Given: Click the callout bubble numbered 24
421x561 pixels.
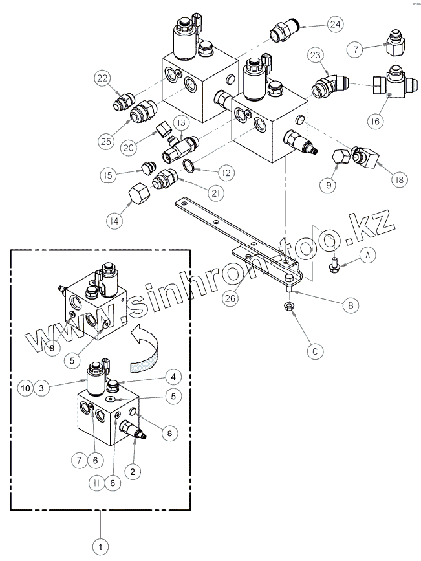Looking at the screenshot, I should click(334, 25).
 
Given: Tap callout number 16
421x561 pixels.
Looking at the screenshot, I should click(394, 121).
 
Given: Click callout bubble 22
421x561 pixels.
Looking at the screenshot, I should click(102, 78).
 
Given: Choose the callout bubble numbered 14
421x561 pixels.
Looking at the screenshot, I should click(114, 221).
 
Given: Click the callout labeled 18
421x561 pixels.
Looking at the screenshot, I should click(399, 180).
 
